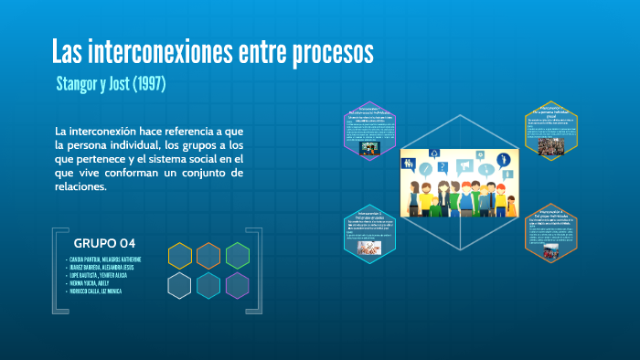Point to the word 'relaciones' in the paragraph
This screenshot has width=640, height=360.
click(81, 187)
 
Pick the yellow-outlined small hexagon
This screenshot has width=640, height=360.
click(180, 256)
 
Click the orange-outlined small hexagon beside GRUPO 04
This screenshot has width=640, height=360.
click(208, 256)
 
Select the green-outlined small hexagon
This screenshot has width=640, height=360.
click(238, 256)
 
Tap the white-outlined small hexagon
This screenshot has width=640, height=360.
click(180, 285)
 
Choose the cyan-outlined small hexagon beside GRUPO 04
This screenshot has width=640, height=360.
click(208, 285)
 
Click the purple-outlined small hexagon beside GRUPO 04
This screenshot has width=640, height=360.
click(238, 285)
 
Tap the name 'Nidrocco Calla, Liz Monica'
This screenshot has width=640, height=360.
click(102, 291)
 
